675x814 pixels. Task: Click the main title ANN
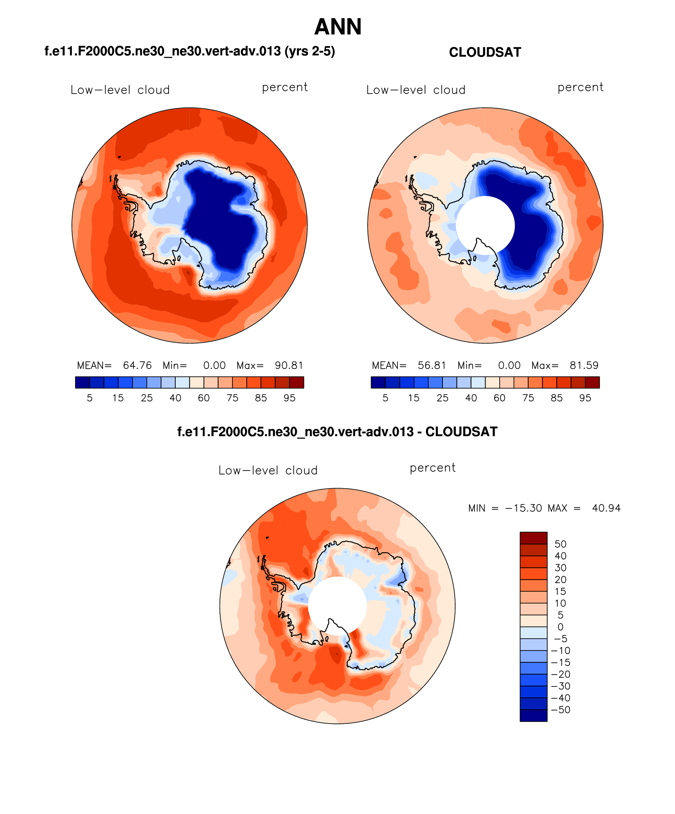click(x=338, y=27)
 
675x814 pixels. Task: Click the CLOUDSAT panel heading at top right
click(x=485, y=52)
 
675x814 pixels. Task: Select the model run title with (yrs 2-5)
click(x=189, y=51)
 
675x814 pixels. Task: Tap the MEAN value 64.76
click(x=137, y=365)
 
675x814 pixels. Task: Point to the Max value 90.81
click(x=289, y=365)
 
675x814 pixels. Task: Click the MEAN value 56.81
click(x=432, y=365)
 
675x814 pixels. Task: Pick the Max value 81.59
click(x=584, y=365)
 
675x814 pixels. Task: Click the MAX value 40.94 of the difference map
click(x=606, y=508)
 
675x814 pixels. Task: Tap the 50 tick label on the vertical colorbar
click(x=560, y=544)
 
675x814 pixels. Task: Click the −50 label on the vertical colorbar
click(x=561, y=710)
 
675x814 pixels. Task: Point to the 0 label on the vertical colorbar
click(x=560, y=627)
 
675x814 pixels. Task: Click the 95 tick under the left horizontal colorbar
click(x=289, y=398)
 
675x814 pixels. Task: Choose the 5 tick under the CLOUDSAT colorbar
click(x=385, y=398)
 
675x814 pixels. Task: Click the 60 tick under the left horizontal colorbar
click(x=204, y=398)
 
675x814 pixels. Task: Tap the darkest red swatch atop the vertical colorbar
click(x=533, y=538)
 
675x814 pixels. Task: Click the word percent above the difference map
click(x=432, y=468)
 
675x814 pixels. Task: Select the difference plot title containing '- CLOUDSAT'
click(x=337, y=432)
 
